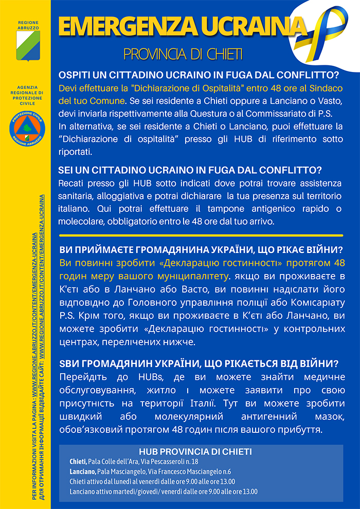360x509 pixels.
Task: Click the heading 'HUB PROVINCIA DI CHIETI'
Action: point(195,451)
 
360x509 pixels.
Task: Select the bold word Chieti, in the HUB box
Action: point(78,461)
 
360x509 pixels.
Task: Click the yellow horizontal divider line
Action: point(201,235)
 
